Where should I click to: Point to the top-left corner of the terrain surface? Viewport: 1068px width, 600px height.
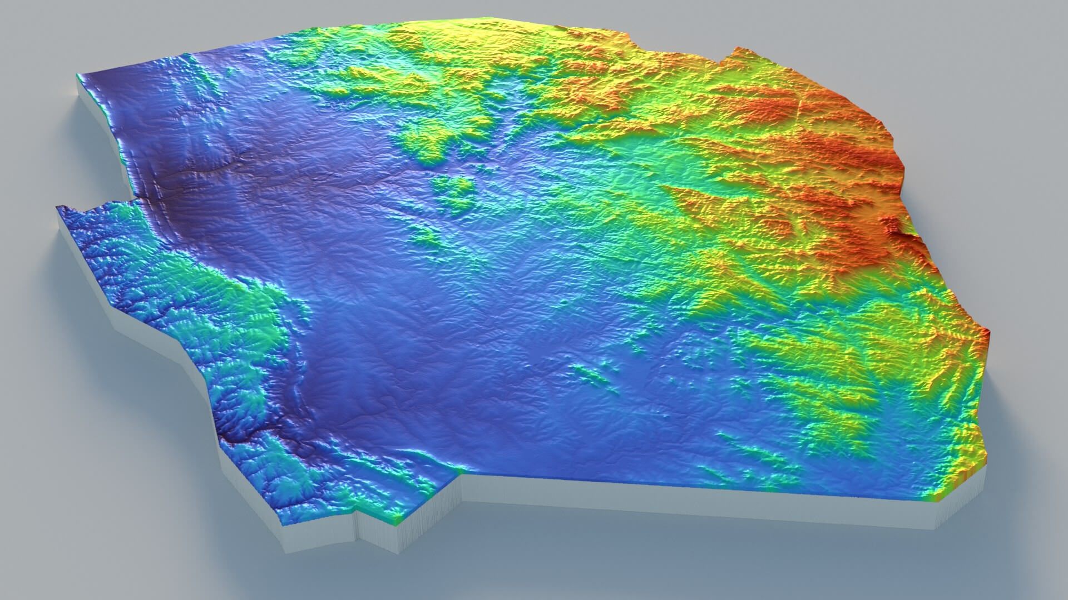pyautogui.click(x=77, y=74)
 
